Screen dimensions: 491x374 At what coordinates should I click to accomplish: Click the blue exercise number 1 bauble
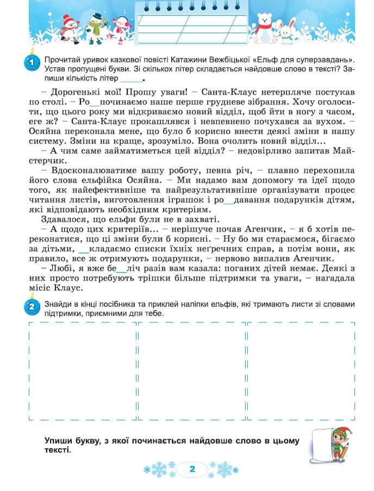click(x=32, y=63)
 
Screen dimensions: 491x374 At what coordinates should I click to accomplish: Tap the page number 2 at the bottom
click(x=191, y=469)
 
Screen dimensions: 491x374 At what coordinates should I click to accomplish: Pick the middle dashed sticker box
click(x=191, y=371)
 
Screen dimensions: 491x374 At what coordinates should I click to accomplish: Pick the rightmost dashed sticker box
click(x=301, y=371)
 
